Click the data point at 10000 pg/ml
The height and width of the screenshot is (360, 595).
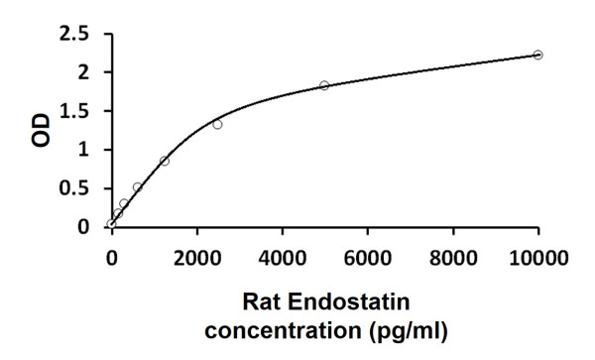pyautogui.click(x=537, y=55)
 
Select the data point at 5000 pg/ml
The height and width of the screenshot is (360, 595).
pyautogui.click(x=324, y=85)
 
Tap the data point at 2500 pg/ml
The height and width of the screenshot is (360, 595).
pyautogui.click(x=217, y=124)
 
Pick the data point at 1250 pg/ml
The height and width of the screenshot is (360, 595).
pyautogui.click(x=165, y=161)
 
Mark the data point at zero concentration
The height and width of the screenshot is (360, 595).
pyautogui.click(x=111, y=224)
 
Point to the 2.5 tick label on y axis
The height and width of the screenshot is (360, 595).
pyautogui.click(x=76, y=34)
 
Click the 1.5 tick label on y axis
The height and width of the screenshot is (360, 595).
pyautogui.click(x=76, y=111)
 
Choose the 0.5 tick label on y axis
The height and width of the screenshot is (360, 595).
pyautogui.click(x=76, y=188)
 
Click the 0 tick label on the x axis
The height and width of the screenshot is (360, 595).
pyautogui.click(x=111, y=260)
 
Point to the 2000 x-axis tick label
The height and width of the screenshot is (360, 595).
pyautogui.click(x=196, y=260)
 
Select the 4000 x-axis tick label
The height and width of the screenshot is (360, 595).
pyautogui.click(x=282, y=260)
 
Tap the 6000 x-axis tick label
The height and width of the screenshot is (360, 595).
pyautogui.click(x=368, y=260)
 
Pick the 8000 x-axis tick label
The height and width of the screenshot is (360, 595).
pyautogui.click(x=453, y=260)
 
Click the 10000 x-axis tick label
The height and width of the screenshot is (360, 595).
pyautogui.click(x=538, y=260)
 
